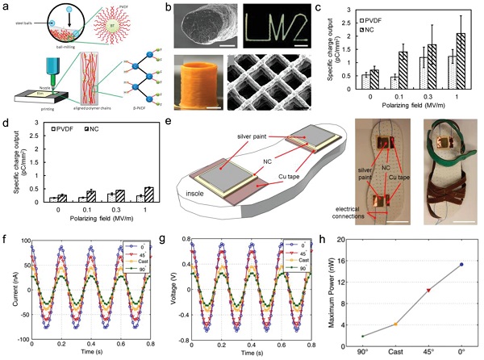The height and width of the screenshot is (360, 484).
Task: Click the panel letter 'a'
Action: coord(6,6)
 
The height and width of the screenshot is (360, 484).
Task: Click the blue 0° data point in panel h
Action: coord(461,264)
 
